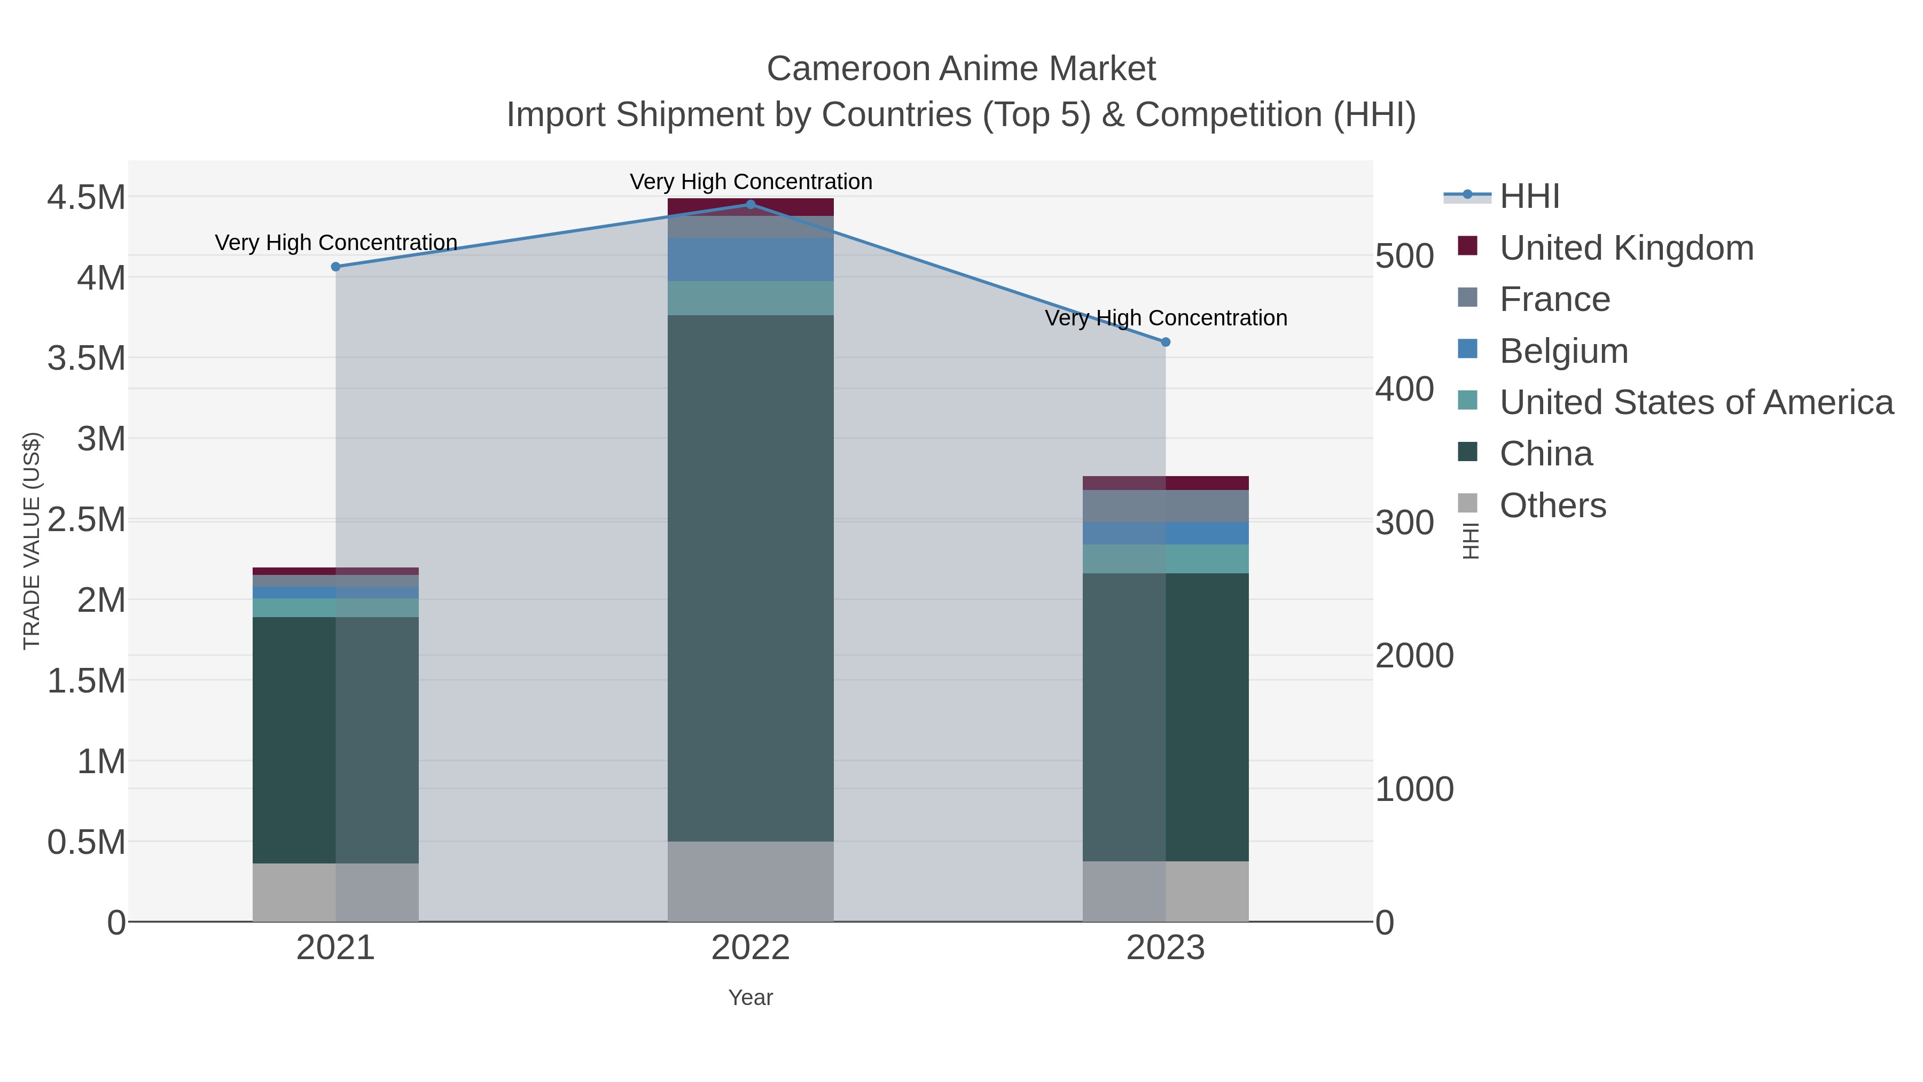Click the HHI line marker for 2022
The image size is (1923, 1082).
click(751, 204)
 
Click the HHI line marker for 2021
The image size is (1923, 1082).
click(335, 267)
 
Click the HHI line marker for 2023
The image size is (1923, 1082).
click(1166, 342)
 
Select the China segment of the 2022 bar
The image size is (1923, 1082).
click(751, 578)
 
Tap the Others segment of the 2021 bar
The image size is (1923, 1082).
click(335, 892)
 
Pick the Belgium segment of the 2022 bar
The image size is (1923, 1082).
click(751, 259)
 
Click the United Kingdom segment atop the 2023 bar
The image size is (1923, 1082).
click(1166, 482)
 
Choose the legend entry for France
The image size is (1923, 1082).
click(1554, 299)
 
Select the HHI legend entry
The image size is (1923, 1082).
click(1529, 197)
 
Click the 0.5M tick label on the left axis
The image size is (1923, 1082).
click(87, 842)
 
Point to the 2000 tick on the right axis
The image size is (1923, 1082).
click(1414, 656)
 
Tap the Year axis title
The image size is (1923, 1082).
click(751, 998)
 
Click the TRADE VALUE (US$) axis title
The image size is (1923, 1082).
click(32, 541)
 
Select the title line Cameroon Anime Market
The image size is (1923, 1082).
click(961, 69)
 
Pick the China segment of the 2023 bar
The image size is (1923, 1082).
click(1166, 717)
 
